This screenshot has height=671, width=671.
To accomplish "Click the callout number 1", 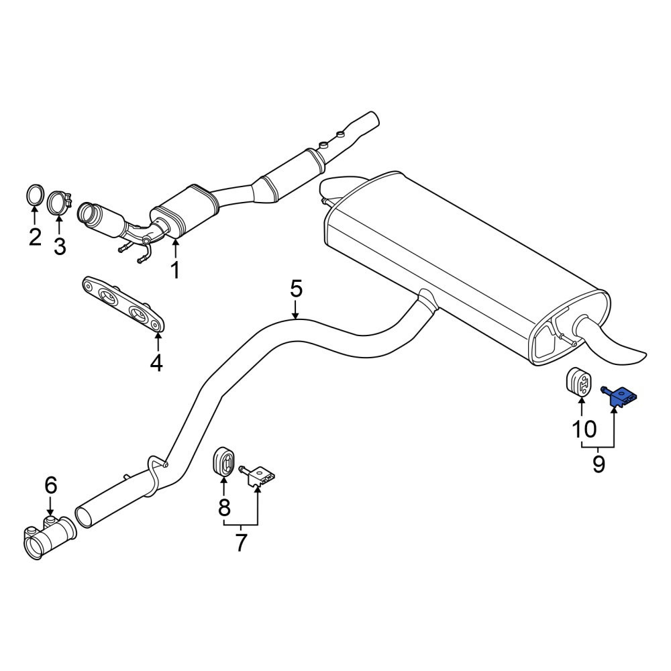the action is [x=175, y=270].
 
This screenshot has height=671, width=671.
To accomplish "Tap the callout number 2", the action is [x=35, y=237].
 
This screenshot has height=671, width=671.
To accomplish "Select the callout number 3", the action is [x=60, y=246].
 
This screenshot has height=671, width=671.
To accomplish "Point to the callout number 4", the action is [x=156, y=363].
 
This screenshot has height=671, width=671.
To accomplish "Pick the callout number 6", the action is [x=50, y=485].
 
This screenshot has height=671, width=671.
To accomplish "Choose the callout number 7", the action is [x=241, y=543].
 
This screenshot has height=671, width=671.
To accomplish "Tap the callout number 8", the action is [x=224, y=508].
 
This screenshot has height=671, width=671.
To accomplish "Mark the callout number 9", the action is [x=599, y=464].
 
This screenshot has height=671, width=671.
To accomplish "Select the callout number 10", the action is [x=584, y=429].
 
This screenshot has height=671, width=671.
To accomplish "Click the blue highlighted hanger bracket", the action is [x=619, y=397].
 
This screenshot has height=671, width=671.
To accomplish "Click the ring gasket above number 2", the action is [x=35, y=195].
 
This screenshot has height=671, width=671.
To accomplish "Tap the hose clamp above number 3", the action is [x=60, y=203].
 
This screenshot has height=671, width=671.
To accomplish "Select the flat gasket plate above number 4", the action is [x=123, y=304].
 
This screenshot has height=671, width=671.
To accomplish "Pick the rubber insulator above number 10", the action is [x=579, y=382].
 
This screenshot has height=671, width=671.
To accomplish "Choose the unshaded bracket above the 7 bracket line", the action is [x=258, y=476].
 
